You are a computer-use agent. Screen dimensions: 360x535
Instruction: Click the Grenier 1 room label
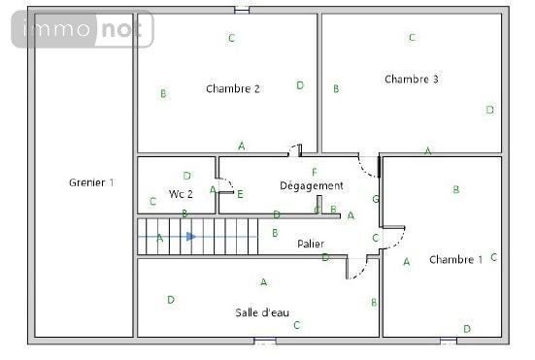click(91, 182)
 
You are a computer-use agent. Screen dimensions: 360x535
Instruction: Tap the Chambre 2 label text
click(233, 88)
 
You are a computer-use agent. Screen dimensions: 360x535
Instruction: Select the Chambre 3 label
click(412, 79)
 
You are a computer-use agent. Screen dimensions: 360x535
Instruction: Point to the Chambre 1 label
click(455, 259)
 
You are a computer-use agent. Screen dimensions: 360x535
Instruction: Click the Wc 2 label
click(181, 193)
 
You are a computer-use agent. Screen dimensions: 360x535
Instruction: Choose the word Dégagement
click(311, 185)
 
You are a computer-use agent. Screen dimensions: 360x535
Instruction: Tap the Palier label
click(311, 244)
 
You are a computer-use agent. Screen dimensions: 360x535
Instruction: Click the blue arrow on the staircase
click(191, 236)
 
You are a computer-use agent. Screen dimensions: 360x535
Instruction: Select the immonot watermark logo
click(83, 30)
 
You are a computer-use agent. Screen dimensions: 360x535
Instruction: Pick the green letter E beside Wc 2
click(240, 194)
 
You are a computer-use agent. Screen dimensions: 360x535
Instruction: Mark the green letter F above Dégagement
click(314, 172)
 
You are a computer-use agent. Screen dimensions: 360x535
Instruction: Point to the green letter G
click(376, 199)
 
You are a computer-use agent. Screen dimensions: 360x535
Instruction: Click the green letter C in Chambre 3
click(412, 38)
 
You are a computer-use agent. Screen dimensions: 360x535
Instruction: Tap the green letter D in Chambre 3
click(489, 110)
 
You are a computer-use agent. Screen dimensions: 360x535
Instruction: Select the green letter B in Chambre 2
click(163, 94)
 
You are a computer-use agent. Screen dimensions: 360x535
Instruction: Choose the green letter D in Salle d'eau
click(171, 300)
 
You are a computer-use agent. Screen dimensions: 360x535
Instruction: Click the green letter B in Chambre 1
click(455, 190)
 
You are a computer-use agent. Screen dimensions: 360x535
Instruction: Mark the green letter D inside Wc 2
click(186, 175)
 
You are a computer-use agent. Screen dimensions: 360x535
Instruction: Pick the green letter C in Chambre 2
click(231, 39)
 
